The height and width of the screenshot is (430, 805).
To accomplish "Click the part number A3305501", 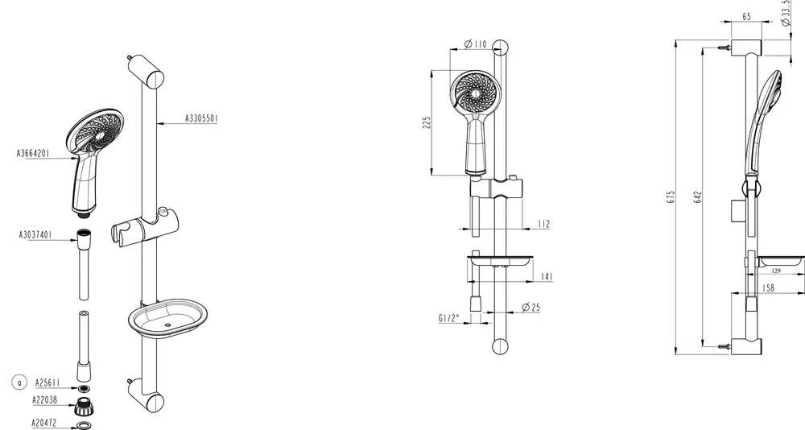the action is pyautogui.click(x=201, y=118).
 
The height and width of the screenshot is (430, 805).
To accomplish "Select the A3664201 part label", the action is pyautogui.click(x=33, y=153).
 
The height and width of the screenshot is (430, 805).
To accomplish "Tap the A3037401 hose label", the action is pyautogui.click(x=35, y=235).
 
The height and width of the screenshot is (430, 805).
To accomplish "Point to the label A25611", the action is pyautogui.click(x=47, y=382).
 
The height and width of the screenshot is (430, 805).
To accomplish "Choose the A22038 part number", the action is pyautogui.click(x=44, y=399).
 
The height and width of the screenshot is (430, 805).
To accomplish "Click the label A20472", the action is pyautogui.click(x=44, y=423).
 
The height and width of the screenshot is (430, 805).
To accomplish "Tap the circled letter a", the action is pyautogui.click(x=19, y=382).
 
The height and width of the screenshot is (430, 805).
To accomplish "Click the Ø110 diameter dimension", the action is pyautogui.click(x=476, y=44).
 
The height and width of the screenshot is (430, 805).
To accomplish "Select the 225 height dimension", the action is pyautogui.click(x=427, y=122).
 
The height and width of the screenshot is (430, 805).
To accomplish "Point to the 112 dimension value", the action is pyautogui.click(x=543, y=224).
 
